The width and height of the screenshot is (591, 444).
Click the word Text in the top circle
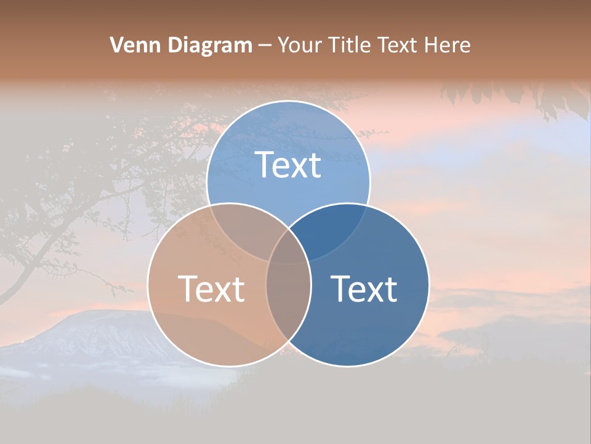(x=288, y=165)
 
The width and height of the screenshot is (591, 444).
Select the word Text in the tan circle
(x=211, y=289)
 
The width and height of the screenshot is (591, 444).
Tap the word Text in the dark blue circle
(x=364, y=289)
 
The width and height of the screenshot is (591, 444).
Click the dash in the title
(x=265, y=46)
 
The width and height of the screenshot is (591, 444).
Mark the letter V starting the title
(x=116, y=45)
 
